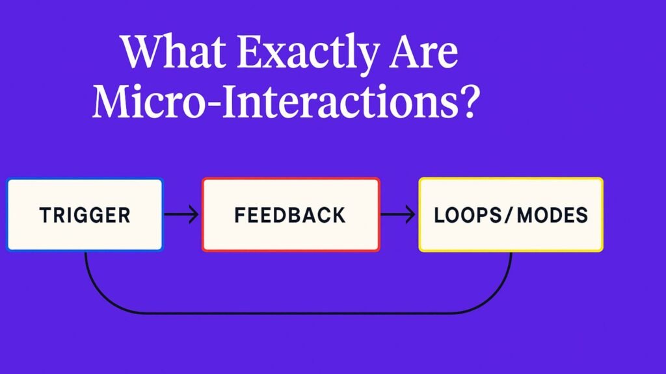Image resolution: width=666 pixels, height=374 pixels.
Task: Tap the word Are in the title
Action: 423,52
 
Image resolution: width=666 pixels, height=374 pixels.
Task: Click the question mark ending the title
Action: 470,101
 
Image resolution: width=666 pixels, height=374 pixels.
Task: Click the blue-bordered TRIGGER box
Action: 85,214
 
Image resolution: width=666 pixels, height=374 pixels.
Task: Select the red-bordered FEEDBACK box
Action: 291,214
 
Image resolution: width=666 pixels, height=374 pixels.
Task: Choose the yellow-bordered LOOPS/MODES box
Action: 511,214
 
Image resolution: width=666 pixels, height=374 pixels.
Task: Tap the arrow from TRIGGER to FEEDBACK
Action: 181,214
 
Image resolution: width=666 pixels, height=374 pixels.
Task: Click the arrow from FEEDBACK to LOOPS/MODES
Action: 398,214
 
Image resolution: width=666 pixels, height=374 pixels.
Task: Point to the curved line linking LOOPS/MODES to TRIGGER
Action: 298,314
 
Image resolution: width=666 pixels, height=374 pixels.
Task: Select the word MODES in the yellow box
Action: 553,215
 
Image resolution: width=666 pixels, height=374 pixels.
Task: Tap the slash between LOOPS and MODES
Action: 509,215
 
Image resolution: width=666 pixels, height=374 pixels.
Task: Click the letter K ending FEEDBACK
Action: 338,215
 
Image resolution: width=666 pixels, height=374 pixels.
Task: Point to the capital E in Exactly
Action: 250,51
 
